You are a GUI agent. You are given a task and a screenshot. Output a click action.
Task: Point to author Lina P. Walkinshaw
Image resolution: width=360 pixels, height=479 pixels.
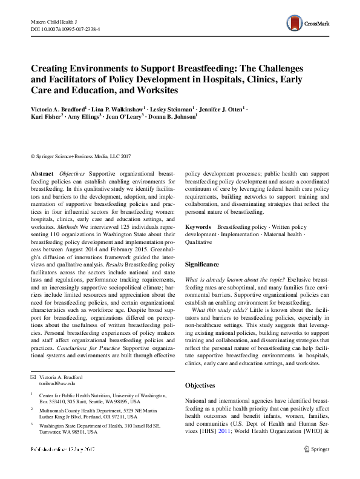127,108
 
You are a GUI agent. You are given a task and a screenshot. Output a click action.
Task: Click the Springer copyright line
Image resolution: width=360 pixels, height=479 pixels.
80,155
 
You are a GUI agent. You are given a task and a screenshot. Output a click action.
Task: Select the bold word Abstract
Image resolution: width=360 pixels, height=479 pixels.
41,173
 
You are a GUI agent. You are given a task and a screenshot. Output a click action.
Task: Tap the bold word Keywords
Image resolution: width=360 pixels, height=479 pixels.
198,226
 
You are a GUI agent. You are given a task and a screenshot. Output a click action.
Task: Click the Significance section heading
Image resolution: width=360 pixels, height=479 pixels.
202,265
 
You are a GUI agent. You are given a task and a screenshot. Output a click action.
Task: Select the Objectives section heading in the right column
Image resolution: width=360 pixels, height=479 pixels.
200,385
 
